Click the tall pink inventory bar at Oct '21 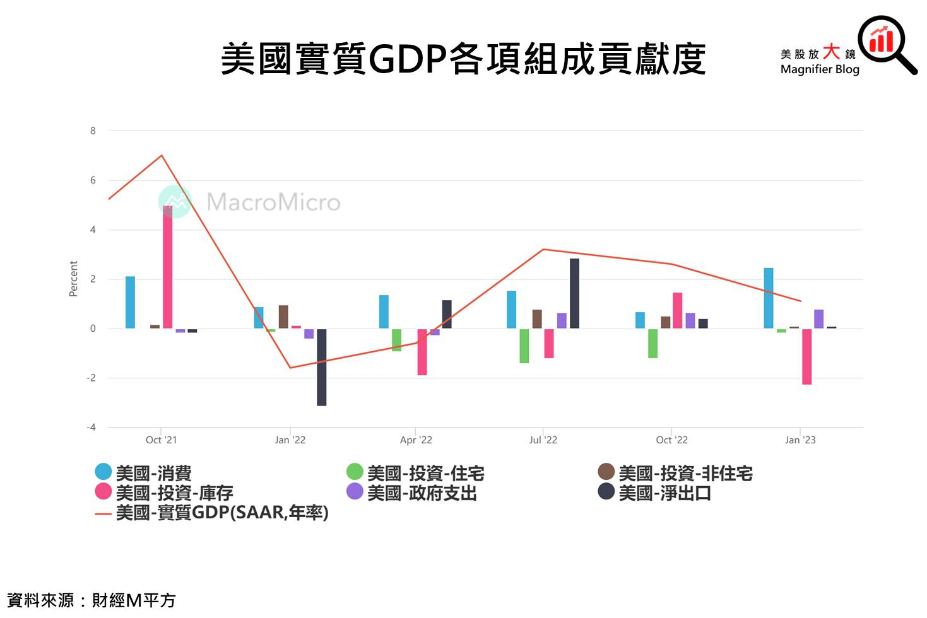(x=167, y=267)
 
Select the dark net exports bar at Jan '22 (x=321, y=367)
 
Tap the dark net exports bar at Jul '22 (x=574, y=293)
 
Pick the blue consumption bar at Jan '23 (x=768, y=298)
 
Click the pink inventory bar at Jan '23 (x=806, y=356)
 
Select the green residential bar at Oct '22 (x=652, y=344)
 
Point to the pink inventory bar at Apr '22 (x=422, y=352)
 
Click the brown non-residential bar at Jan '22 (x=283, y=317)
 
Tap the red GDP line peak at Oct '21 (x=162, y=155)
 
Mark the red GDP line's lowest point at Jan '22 (x=290, y=368)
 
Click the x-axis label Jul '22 (x=543, y=440)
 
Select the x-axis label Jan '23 (x=800, y=440)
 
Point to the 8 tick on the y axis (x=93, y=131)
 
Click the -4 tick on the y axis (x=92, y=427)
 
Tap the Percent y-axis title (x=73, y=279)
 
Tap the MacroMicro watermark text (x=273, y=202)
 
